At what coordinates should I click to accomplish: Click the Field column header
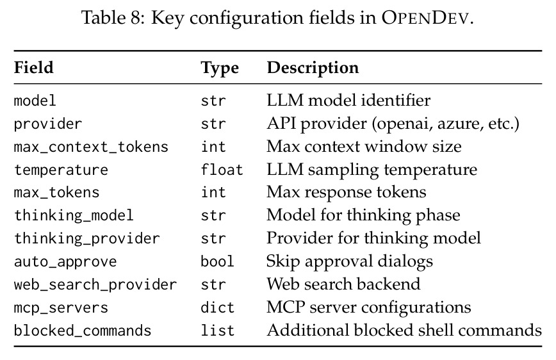pyautogui.click(x=34, y=67)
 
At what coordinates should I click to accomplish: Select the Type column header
pyautogui.click(x=220, y=68)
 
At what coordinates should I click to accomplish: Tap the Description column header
pyautogui.click(x=313, y=68)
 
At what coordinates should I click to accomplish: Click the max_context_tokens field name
pyautogui.click(x=91, y=147)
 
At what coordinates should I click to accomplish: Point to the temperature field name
pyautogui.click(x=61, y=170)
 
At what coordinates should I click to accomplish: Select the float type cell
pyautogui.click(x=222, y=170)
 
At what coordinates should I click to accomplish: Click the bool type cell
pyautogui.click(x=217, y=261)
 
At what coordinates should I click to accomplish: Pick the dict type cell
pyautogui.click(x=217, y=307)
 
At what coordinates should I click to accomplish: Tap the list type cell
pyautogui.click(x=217, y=330)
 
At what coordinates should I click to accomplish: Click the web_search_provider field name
pyautogui.click(x=95, y=285)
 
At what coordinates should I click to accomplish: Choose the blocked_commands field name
pyautogui.click(x=83, y=331)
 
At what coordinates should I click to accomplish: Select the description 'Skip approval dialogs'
pyautogui.click(x=350, y=262)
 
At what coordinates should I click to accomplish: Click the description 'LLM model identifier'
pyautogui.click(x=348, y=101)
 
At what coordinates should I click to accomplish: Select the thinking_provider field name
pyautogui.click(x=87, y=239)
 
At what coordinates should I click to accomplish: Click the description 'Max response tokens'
pyautogui.click(x=347, y=193)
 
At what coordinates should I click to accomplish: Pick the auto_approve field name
pyautogui.click(x=65, y=262)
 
